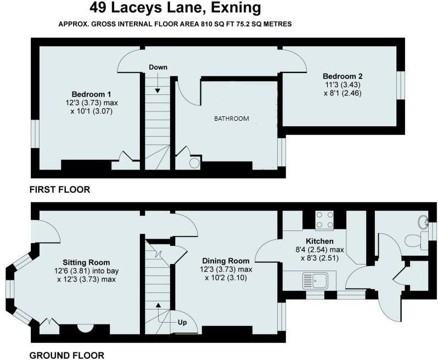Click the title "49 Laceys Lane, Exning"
(x=175, y=8)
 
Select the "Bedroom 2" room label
(x=342, y=76)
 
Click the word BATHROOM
(x=232, y=119)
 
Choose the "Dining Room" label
(x=226, y=261)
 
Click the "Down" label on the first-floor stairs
(x=158, y=67)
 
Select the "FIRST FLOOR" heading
(x=60, y=190)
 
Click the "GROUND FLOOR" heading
(x=67, y=355)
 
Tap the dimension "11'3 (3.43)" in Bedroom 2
(x=342, y=85)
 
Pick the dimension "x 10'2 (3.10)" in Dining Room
(x=226, y=278)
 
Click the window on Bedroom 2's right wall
(x=402, y=86)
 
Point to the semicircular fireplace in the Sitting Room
(x=85, y=329)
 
